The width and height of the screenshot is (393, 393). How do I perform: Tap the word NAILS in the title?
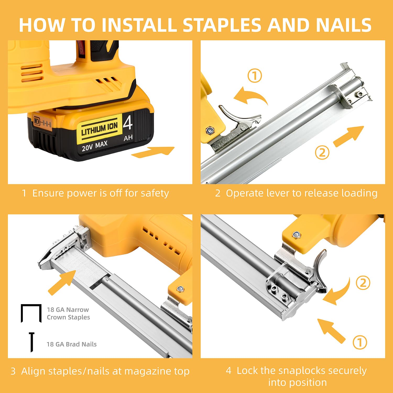(343, 25)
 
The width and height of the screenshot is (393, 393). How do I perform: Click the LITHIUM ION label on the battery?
(100, 129)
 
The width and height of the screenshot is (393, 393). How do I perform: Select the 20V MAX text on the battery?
(95, 146)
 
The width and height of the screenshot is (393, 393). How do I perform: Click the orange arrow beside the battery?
(153, 152)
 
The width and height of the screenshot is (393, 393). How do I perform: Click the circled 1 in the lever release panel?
(255, 76)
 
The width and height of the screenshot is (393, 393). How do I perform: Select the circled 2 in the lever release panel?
(322, 152)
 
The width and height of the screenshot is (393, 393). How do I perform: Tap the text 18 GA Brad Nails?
(72, 344)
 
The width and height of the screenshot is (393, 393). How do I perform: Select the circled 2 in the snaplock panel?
(363, 283)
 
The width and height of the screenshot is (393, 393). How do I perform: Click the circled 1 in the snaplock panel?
(360, 342)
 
